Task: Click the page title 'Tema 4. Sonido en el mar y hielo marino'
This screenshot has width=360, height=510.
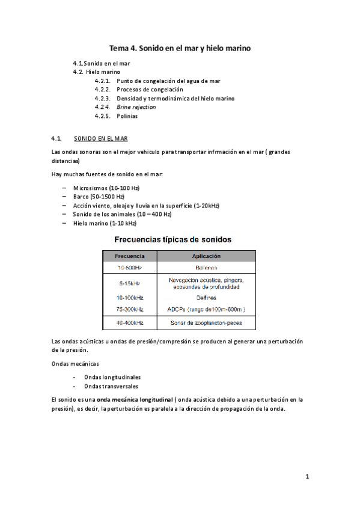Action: pos(179,47)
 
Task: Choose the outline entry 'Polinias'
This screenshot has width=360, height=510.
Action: pos(127,116)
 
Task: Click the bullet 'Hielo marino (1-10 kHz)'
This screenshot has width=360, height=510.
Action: pos(101,223)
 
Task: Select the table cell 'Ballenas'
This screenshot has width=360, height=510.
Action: pos(206,268)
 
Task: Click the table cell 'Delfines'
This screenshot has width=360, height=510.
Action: pos(206,298)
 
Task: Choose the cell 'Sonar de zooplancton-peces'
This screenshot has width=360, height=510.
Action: pos(206,323)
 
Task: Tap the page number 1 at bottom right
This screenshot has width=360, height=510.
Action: pos(307,477)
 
